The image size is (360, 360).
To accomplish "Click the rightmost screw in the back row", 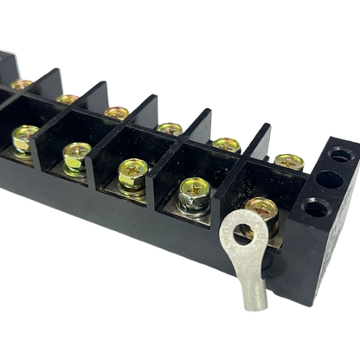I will (288, 158).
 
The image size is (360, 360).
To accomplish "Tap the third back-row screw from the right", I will (170, 126).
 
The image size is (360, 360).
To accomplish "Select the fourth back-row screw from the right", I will (117, 111).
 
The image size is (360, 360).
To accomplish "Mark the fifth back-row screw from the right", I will (67, 97).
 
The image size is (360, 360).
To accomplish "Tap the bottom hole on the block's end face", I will (318, 208).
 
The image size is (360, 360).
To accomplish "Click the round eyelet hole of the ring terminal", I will (243, 231).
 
